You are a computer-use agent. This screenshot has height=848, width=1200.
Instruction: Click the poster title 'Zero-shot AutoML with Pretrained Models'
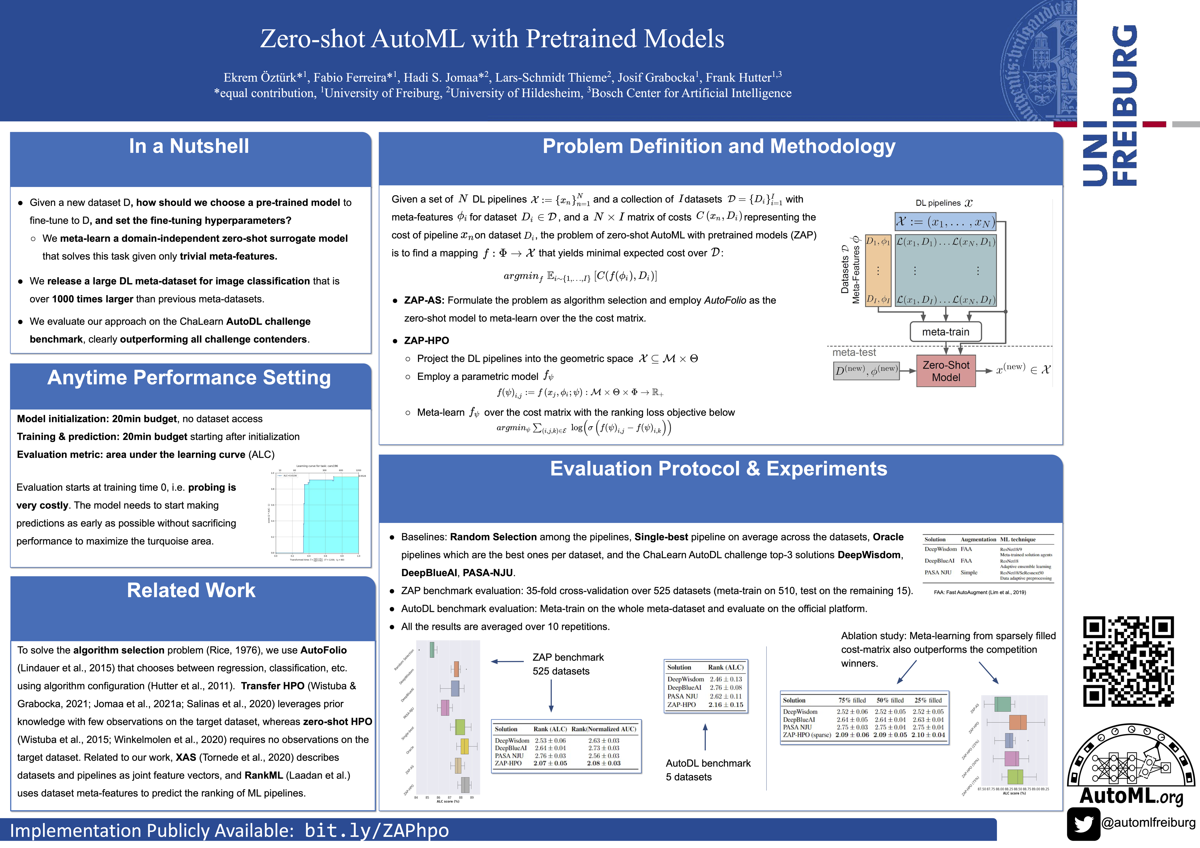[x=492, y=39]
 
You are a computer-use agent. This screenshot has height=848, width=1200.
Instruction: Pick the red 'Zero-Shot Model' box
[x=945, y=371]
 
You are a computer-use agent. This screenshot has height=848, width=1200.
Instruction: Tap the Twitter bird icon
[x=1083, y=824]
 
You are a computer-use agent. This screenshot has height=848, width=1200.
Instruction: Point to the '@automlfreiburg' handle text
[x=1148, y=822]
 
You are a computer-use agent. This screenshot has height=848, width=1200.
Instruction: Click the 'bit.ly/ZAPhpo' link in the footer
[x=376, y=830]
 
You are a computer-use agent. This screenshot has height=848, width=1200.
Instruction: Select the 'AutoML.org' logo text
[x=1131, y=796]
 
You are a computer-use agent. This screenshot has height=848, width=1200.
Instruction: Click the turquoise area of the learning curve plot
[x=332, y=517]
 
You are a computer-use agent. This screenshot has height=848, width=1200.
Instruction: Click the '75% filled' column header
[x=852, y=700]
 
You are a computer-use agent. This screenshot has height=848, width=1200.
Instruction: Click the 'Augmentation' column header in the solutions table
[x=978, y=539]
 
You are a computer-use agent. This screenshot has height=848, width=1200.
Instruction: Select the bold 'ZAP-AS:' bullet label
[x=424, y=300]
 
